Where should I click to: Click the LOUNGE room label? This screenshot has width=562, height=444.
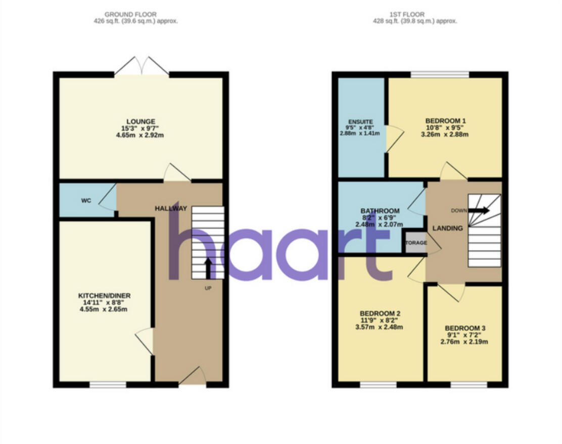[141, 121]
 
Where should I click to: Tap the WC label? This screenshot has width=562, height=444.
[86, 201]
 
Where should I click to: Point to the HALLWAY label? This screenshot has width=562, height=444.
[171, 208]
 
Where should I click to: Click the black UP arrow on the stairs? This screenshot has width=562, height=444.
[208, 268]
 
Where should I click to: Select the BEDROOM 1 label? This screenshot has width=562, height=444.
[445, 121]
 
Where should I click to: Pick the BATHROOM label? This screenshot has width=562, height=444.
[380, 211]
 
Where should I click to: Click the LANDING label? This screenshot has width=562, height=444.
[447, 229]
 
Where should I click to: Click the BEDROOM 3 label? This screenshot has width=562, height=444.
[464, 327]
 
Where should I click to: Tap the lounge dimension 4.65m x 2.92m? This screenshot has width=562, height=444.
[141, 135]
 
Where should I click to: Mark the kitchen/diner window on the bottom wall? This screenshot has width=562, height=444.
[108, 384]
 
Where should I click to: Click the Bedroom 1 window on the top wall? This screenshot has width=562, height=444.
[439, 75]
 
